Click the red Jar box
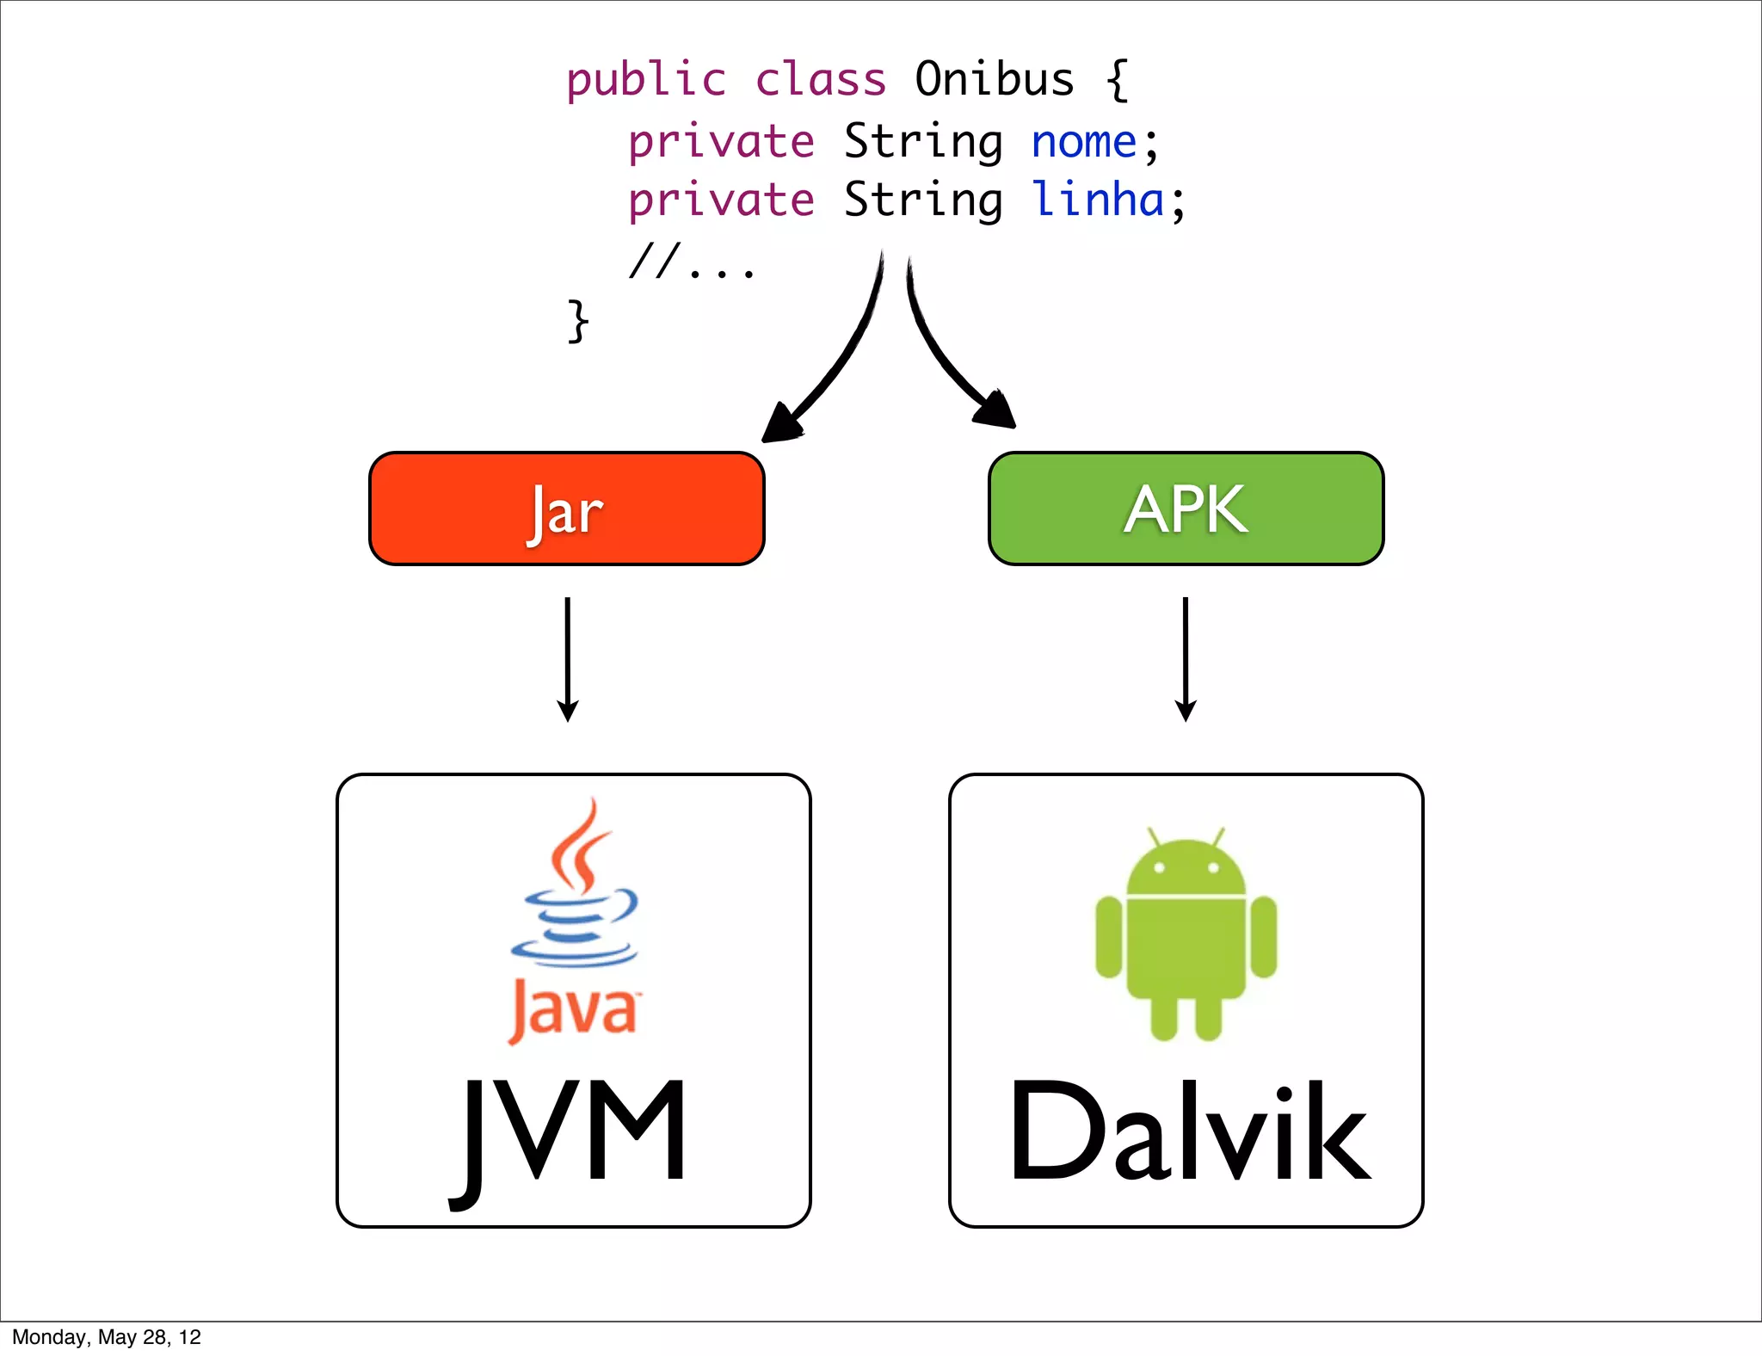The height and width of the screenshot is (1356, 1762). click(x=566, y=508)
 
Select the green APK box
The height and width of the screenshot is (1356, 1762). click(x=1186, y=508)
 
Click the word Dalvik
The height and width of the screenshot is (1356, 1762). click(x=1187, y=1131)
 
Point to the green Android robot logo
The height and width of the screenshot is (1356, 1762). click(x=1186, y=934)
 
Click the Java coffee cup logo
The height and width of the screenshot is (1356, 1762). click(x=575, y=895)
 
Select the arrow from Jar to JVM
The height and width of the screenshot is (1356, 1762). click(x=567, y=659)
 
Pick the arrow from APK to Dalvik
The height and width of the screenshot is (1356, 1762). click(x=1186, y=659)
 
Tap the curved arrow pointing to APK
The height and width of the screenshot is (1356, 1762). click(x=946, y=353)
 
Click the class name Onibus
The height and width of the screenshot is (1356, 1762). click(x=994, y=79)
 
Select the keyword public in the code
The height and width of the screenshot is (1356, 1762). click(x=646, y=81)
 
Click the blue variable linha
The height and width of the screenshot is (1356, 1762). click(x=1098, y=200)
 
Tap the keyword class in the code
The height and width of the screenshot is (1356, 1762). click(x=820, y=80)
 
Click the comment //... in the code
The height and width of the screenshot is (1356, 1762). click(x=692, y=262)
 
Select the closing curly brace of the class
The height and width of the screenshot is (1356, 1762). click(x=578, y=322)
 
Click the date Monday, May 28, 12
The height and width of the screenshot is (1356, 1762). click(x=107, y=1337)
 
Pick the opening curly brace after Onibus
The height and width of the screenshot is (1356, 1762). click(x=1117, y=80)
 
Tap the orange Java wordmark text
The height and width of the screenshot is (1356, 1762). click(x=574, y=1010)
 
